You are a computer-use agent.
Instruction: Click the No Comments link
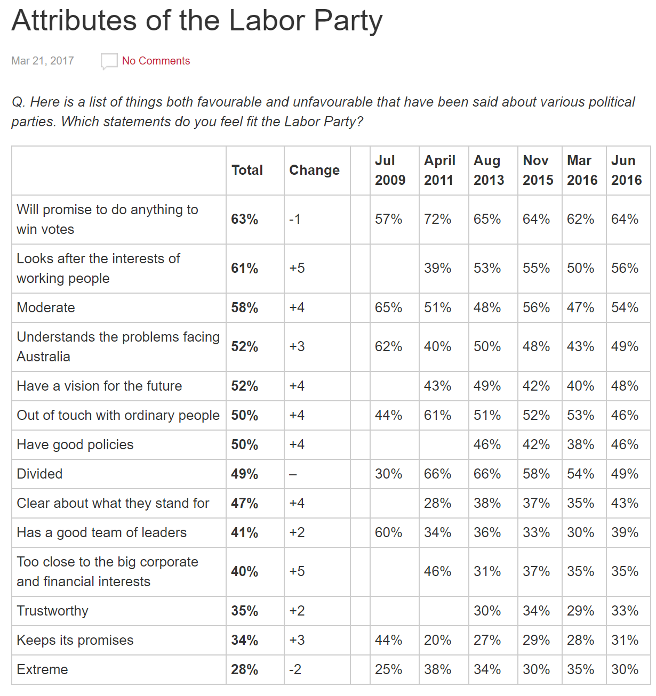pos(156,61)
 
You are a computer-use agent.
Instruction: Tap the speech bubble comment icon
pos(109,61)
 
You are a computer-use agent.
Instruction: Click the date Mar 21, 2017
pos(43,61)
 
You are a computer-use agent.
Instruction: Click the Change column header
pos(314,170)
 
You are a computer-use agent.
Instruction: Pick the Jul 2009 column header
pos(390,170)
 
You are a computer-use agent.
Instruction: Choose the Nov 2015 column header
pos(538,170)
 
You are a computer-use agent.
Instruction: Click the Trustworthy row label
pos(52,611)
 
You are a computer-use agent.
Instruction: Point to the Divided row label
pos(39,474)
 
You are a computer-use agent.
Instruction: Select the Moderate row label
pos(46,307)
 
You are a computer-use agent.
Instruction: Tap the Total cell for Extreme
pos(245,669)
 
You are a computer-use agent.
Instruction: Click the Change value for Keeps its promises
pos(297,640)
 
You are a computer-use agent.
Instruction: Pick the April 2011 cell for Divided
pos(438,474)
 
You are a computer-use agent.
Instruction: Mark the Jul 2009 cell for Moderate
pos(388,307)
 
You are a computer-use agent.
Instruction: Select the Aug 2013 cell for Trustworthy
pos(487,611)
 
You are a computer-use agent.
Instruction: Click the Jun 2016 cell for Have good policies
pos(625,444)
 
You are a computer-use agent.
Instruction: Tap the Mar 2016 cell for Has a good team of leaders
pos(580,532)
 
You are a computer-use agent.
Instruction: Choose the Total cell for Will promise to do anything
pos(245,219)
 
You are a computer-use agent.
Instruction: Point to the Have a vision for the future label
pos(99,386)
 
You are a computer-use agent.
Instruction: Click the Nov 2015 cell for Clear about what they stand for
pos(536,503)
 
